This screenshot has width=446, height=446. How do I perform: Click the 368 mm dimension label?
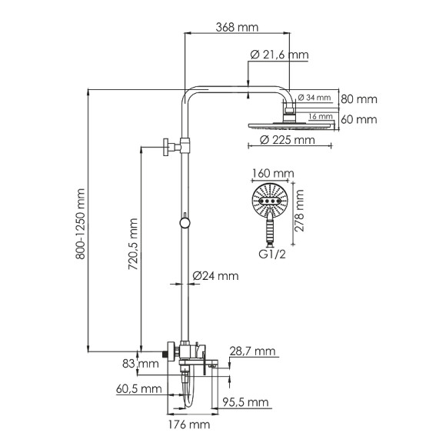237,28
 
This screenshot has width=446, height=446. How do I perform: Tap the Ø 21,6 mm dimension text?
279,54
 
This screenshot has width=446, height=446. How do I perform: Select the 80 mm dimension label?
358,99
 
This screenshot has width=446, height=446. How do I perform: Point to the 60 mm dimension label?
358,119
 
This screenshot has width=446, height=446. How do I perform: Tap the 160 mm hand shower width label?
268,174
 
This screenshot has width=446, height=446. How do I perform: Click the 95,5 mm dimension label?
246,402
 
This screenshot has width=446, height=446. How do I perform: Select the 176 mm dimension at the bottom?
188,424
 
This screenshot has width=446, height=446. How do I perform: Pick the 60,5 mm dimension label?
140,390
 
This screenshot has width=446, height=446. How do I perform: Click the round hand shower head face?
268,201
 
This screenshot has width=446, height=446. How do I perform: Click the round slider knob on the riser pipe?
184,223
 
